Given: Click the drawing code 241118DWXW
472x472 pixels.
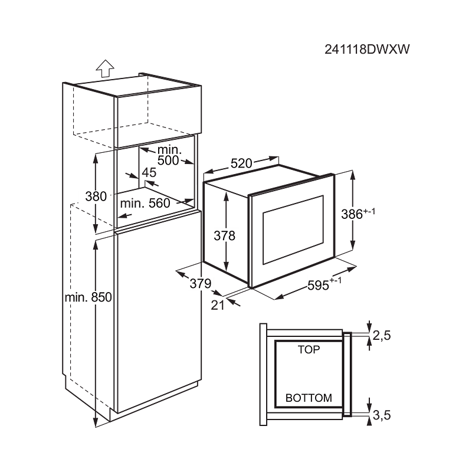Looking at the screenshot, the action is coord(367,49).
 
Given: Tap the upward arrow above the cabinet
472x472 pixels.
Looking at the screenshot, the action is coord(105,68).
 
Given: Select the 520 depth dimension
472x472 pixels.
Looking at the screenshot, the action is coord(241,163).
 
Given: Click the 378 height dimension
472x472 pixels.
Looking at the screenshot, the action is coord(225,235).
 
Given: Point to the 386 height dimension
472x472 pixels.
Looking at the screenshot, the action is coord(358,213).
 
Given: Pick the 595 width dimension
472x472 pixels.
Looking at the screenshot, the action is coord(324,284).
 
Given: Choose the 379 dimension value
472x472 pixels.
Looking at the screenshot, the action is coord(201,283).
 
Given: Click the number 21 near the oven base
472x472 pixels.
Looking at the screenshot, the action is coord(218,305).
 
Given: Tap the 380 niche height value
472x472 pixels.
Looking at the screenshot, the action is coord(96,196).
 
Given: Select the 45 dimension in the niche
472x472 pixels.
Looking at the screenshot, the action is coord(149,172).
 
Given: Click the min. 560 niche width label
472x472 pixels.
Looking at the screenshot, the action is coord(145,203).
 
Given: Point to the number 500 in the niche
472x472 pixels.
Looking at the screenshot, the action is coord(168,160).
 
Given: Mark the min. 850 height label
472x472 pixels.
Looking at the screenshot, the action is coord(88,297).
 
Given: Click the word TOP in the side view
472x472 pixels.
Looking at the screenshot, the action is coord(309,349).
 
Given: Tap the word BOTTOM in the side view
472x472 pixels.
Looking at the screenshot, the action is coord(309,398).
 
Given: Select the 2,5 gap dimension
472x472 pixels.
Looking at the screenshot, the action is coord(382,335).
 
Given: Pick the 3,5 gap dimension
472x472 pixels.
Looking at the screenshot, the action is coord(382,415).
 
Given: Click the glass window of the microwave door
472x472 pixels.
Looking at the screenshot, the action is coord(293,230).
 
